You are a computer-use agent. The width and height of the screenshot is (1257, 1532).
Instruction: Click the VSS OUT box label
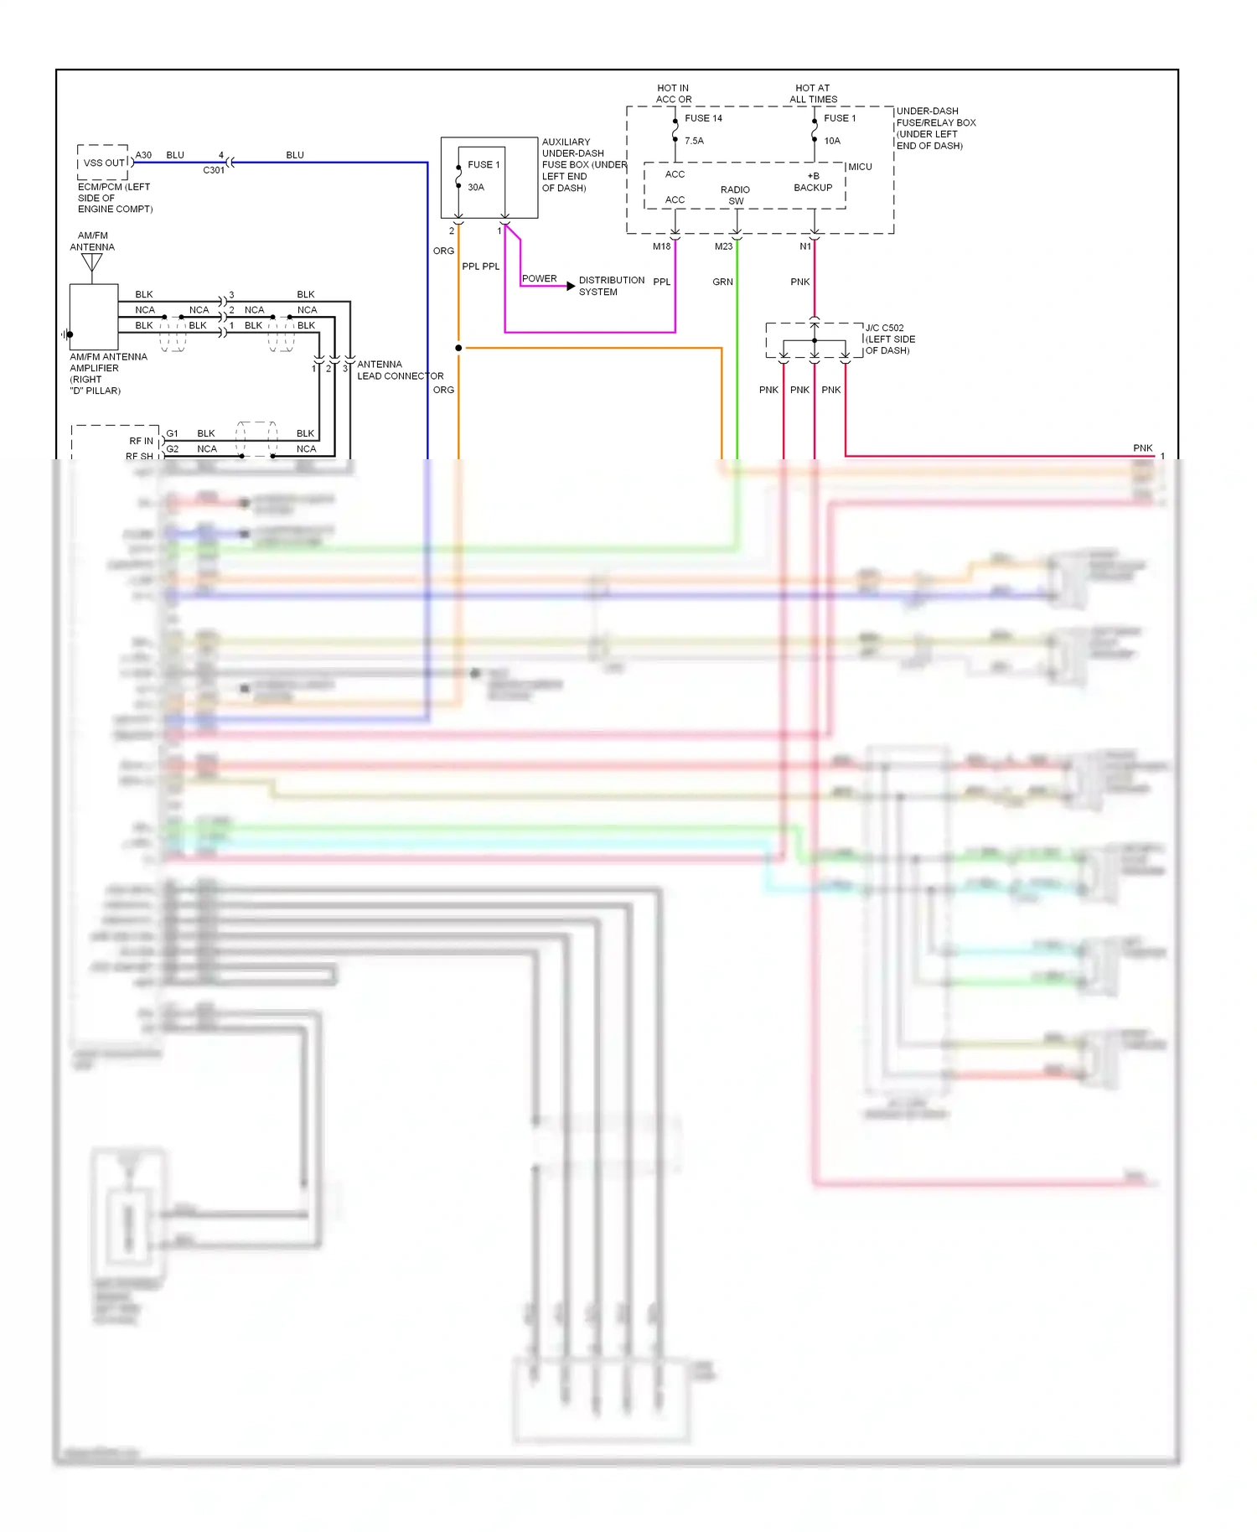(x=104, y=163)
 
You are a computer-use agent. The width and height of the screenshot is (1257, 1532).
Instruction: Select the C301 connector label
(x=214, y=170)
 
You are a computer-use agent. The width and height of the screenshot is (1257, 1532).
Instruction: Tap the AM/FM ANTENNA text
(x=92, y=241)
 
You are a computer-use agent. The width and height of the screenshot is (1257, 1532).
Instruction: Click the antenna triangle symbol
(x=92, y=262)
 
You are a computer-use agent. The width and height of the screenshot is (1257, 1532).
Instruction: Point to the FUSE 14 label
(x=703, y=118)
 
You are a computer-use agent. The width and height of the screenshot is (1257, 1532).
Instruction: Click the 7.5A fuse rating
(x=694, y=141)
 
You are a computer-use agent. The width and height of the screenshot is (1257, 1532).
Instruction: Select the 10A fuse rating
(x=831, y=141)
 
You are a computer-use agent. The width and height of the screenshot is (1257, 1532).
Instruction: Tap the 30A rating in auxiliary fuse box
(x=476, y=187)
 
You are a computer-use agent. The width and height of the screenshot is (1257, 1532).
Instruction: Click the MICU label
(x=860, y=167)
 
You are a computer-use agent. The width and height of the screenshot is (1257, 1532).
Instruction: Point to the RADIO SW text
(x=735, y=195)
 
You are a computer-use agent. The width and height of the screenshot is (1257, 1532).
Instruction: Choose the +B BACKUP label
(x=813, y=182)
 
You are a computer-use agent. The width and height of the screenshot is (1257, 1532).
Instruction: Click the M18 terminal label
(x=661, y=246)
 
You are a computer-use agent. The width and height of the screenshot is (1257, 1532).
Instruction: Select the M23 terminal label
(x=723, y=246)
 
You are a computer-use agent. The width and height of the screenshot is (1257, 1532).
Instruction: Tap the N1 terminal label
(x=804, y=246)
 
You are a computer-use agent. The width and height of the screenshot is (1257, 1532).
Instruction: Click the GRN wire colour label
(x=722, y=282)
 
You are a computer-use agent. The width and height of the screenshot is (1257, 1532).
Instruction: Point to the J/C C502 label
(x=884, y=328)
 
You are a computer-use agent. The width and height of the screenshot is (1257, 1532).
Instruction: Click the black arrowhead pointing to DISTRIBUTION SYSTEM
(x=571, y=286)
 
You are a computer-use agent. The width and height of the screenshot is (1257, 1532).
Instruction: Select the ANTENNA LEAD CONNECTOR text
(x=400, y=370)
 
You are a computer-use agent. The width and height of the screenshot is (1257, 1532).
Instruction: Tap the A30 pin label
(x=143, y=155)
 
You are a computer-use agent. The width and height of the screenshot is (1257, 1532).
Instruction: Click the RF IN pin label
(x=141, y=441)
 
